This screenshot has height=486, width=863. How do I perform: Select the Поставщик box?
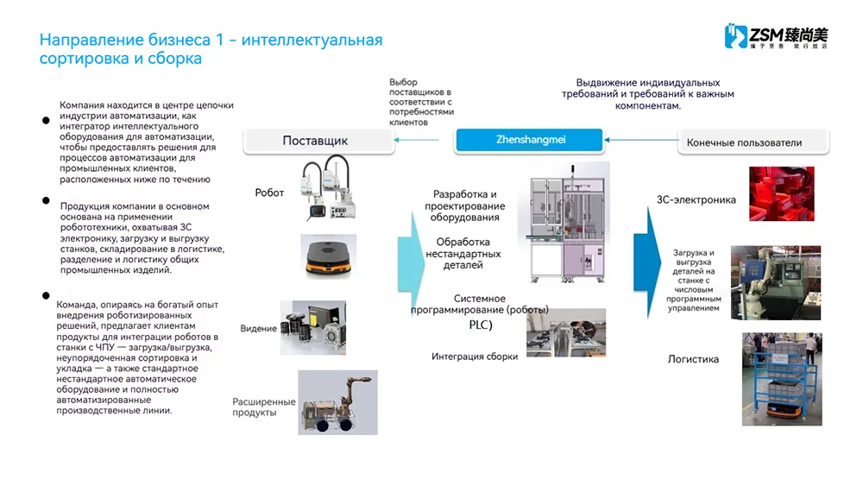pyautogui.click(x=315, y=142)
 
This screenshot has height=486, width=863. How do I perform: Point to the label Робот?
pyautogui.click(x=269, y=193)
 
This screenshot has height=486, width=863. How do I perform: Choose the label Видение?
pyautogui.click(x=259, y=329)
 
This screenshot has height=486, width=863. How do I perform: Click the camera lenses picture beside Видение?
pyautogui.click(x=312, y=327)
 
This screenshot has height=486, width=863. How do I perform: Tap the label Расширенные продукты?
pyautogui.click(x=263, y=407)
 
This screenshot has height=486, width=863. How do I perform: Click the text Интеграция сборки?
pyautogui.click(x=475, y=357)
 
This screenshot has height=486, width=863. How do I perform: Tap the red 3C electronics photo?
pyautogui.click(x=780, y=194)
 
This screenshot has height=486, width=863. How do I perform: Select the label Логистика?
pyautogui.click(x=693, y=359)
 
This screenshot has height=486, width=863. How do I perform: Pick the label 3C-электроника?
pyautogui.click(x=696, y=200)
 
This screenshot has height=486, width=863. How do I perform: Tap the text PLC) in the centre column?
pyautogui.click(x=475, y=325)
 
